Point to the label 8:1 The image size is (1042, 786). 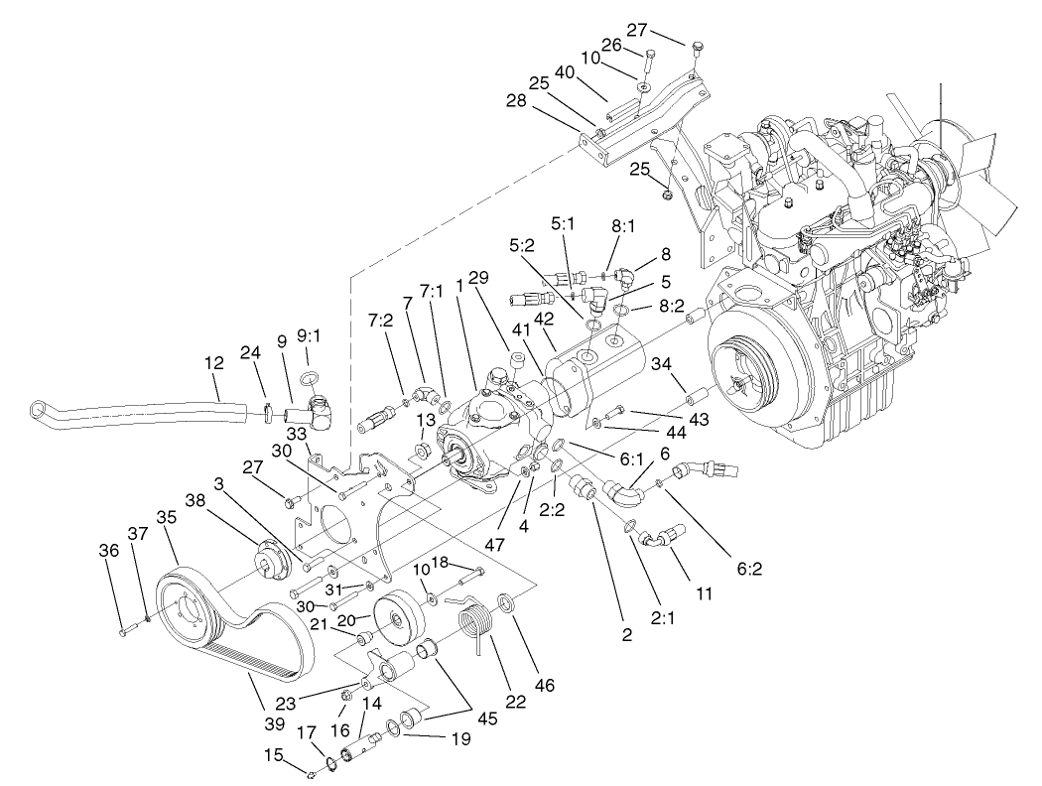click(623, 226)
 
